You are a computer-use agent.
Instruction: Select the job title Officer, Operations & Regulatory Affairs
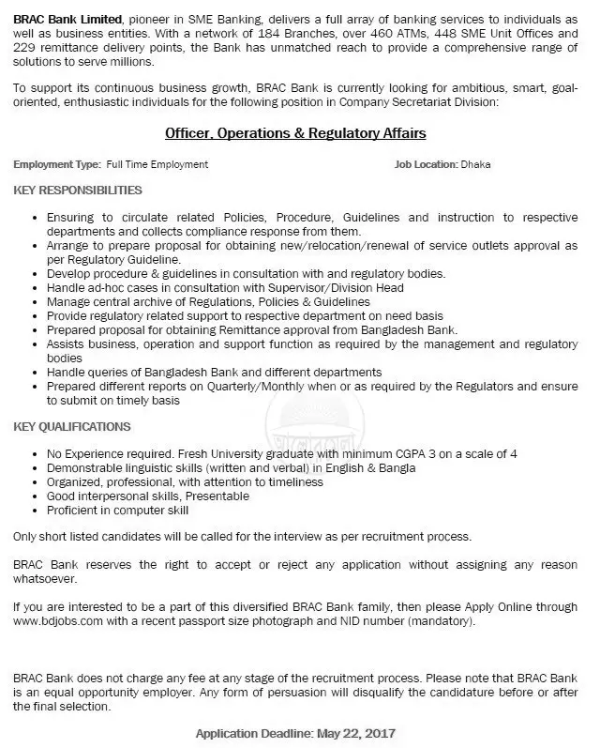295,134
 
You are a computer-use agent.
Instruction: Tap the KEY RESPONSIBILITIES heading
78,190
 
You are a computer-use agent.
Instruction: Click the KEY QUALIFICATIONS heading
73,427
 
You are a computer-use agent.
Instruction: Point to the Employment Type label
56,164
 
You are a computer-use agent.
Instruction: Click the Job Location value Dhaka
475,164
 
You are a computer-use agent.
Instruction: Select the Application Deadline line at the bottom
295,733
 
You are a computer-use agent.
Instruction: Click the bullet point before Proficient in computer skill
35,511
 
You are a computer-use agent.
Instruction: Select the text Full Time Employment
157,164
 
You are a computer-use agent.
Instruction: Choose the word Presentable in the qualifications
218,496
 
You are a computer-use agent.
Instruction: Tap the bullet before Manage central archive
35,302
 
